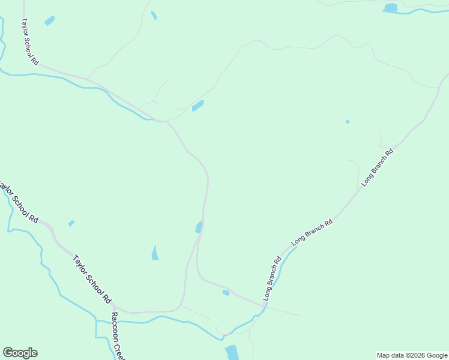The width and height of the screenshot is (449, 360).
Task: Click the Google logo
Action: [x=20, y=353]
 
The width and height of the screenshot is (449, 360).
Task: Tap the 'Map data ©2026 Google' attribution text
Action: [x=412, y=355]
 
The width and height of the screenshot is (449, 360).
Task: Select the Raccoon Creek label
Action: [x=118, y=335]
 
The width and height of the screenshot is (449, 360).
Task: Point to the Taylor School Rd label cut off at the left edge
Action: [x=19, y=202]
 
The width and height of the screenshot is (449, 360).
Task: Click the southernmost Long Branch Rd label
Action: [x=272, y=279]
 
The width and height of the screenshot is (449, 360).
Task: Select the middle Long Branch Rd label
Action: [x=312, y=232]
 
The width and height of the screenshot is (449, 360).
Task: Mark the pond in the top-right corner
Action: [x=391, y=8]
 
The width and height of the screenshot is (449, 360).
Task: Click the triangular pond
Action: [x=155, y=253]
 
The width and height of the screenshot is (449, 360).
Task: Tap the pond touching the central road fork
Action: [x=199, y=227]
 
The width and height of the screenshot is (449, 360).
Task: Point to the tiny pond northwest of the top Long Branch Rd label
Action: [x=348, y=122]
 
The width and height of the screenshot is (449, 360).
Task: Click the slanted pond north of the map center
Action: [x=197, y=106]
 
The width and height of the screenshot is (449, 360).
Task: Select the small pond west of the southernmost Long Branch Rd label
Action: [x=226, y=293]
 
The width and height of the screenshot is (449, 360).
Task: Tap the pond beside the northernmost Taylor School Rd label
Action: [x=49, y=20]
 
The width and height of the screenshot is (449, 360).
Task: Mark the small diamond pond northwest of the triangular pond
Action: [x=71, y=223]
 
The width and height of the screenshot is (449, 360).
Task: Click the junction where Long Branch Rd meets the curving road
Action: [x=263, y=306]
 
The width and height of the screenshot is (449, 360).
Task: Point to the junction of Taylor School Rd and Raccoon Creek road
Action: [x=115, y=307]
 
